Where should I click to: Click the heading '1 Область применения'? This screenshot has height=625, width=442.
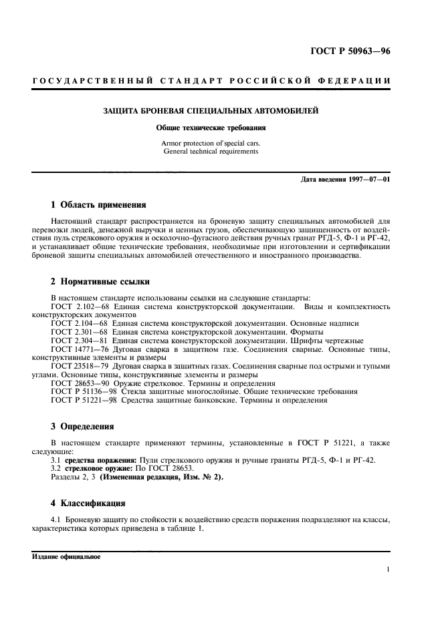point(98,205)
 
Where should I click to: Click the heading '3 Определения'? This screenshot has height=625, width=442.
point(82,425)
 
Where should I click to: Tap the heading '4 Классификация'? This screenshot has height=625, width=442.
point(88,502)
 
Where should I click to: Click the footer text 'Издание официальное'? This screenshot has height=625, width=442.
point(66,556)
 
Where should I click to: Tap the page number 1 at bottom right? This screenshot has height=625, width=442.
point(388,570)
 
